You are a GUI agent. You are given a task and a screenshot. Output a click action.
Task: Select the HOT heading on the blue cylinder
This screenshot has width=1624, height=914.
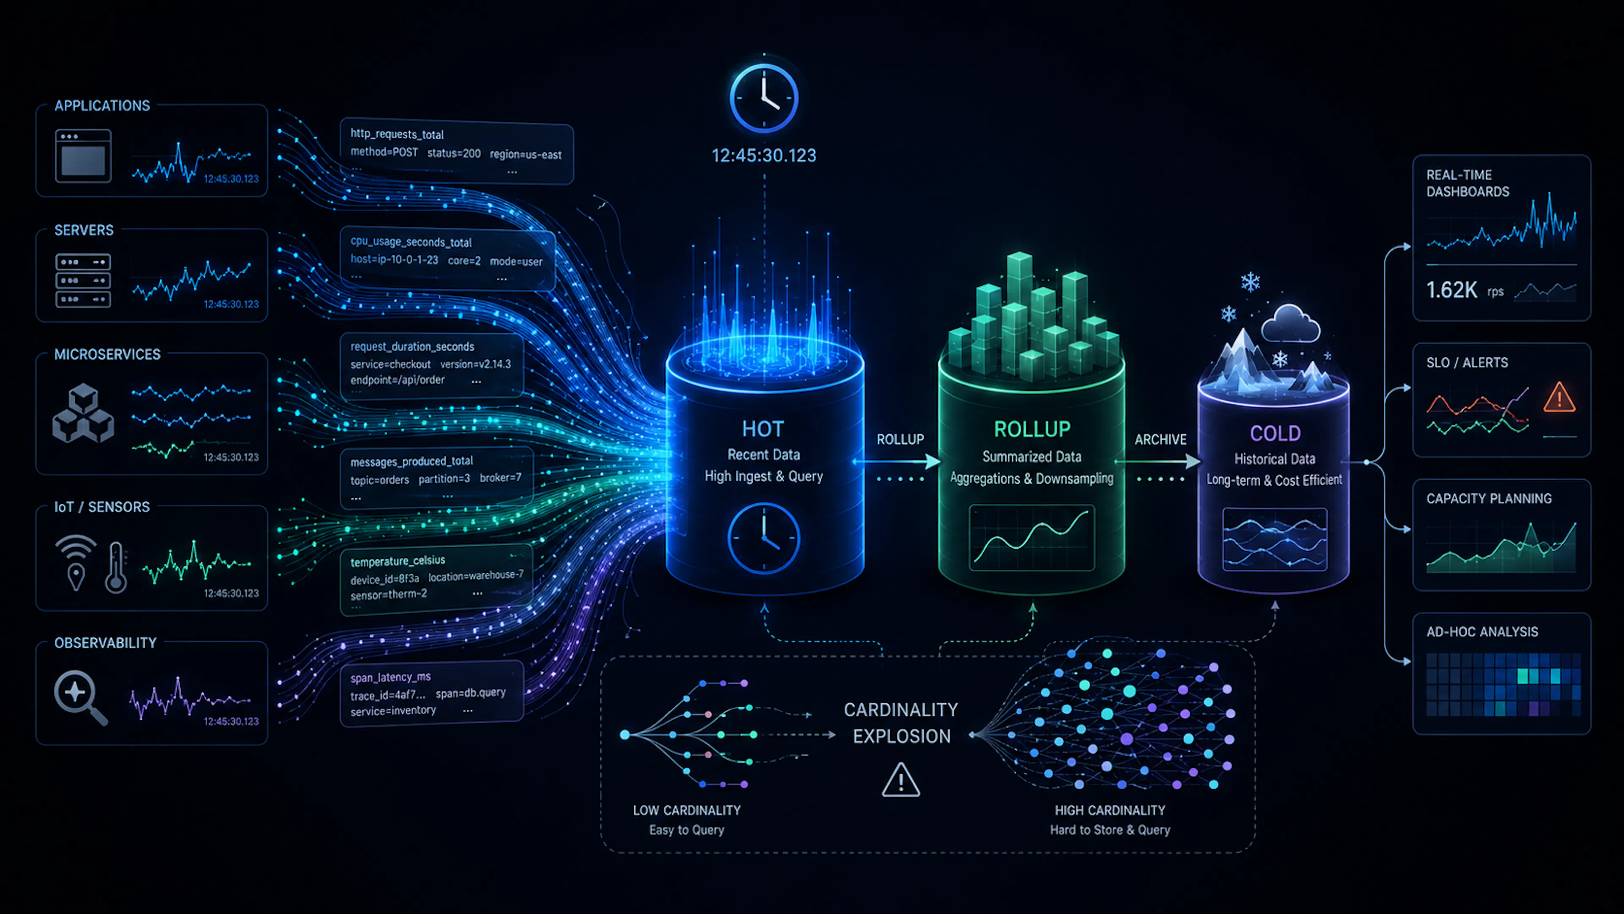(763, 429)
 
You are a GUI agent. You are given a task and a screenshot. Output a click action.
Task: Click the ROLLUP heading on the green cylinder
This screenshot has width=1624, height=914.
(1032, 429)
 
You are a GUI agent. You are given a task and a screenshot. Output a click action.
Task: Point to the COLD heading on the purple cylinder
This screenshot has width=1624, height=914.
(1275, 434)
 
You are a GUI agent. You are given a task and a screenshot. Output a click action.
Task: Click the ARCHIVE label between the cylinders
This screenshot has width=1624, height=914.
(1160, 439)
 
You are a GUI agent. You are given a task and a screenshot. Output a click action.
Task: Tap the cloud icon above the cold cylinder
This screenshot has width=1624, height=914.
(1290, 324)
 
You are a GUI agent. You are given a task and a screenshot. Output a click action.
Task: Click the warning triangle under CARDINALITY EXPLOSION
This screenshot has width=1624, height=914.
(901, 780)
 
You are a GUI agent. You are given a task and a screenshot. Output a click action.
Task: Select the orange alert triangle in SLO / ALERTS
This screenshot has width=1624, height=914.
(1559, 397)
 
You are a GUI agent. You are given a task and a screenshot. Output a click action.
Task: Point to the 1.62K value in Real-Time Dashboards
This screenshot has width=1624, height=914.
(1451, 290)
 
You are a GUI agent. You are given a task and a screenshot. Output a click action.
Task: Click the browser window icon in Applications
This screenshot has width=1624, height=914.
(83, 156)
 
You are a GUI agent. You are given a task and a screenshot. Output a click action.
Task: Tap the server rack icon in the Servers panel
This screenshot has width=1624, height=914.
(83, 280)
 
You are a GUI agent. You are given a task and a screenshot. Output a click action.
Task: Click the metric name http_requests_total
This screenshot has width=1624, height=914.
(397, 134)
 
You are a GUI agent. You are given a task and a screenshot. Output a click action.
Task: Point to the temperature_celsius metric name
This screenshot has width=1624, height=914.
(398, 561)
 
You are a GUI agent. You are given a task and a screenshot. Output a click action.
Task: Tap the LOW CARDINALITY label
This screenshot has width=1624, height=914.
(686, 811)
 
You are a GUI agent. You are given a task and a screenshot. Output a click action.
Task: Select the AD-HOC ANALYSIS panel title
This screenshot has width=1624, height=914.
(1482, 631)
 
